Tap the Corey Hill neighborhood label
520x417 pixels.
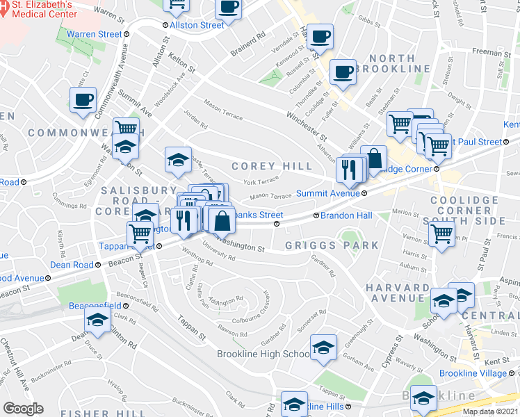click(272, 166)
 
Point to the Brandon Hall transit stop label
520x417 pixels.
click(346, 215)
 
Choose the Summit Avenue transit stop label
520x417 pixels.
click(327, 193)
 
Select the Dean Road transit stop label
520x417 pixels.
click(72, 265)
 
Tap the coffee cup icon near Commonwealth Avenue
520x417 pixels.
click(83, 100)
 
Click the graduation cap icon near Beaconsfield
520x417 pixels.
click(97, 320)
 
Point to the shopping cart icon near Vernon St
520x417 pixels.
click(441, 234)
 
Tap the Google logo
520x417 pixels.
click(24, 408)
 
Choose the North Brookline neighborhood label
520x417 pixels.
click(400, 63)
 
